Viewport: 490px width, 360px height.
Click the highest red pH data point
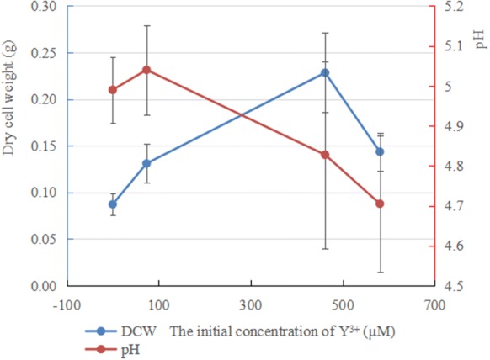pyautogui.click(x=146, y=70)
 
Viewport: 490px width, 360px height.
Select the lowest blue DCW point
pyautogui.click(x=113, y=204)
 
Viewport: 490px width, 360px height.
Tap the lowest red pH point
pyautogui.click(x=380, y=204)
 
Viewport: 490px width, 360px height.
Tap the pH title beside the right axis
pyautogui.click(x=479, y=37)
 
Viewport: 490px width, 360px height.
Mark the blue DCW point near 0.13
pyautogui.click(x=146, y=163)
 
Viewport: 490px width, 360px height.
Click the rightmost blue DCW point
pyautogui.click(x=380, y=151)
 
